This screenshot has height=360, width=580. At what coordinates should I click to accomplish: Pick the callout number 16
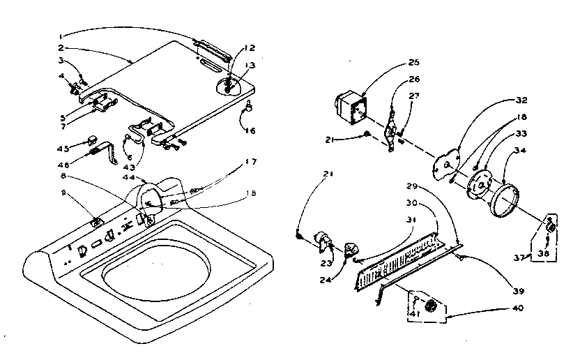(251, 130)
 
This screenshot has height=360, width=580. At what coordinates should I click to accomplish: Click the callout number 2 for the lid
(61, 49)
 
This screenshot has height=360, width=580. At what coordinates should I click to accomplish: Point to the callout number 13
(249, 65)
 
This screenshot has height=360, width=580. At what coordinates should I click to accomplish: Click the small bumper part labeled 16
(247, 107)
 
